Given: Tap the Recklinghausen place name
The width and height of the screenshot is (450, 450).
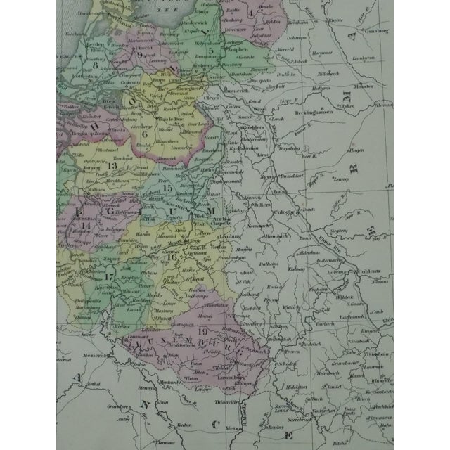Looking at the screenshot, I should point(313,115).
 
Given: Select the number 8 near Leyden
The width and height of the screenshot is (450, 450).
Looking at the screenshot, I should point(95,67).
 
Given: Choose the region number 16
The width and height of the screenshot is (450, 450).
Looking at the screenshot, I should point(172,257).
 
